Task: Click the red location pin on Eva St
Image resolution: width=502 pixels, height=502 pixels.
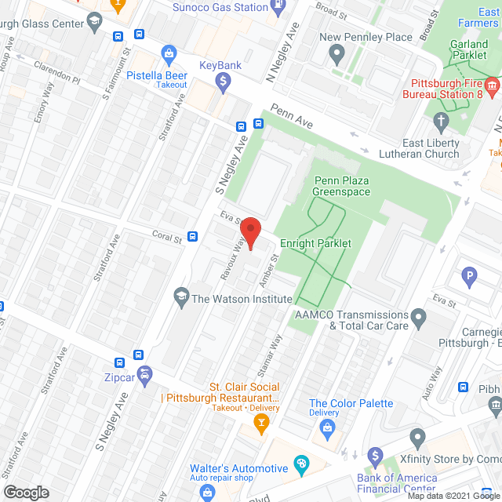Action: click(250, 231)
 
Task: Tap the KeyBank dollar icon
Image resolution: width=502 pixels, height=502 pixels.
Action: click(224, 80)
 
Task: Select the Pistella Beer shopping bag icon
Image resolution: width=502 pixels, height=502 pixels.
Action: click(167, 53)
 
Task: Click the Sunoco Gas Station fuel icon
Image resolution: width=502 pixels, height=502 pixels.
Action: click(278, 7)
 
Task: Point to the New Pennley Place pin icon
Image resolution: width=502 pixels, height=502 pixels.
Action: click(338, 55)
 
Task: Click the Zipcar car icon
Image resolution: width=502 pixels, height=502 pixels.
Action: click(144, 374)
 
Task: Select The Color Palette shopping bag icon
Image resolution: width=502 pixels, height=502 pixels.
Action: click(327, 428)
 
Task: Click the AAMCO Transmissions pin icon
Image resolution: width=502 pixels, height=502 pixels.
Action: click(419, 318)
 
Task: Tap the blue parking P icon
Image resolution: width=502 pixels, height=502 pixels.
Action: click(470, 276)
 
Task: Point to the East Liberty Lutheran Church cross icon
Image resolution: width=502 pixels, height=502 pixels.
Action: click(442, 121)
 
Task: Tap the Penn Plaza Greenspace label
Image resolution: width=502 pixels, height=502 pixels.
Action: click(341, 186)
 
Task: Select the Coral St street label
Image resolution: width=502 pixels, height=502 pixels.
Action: click(167, 236)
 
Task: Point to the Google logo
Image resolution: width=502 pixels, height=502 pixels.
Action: click(25, 492)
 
